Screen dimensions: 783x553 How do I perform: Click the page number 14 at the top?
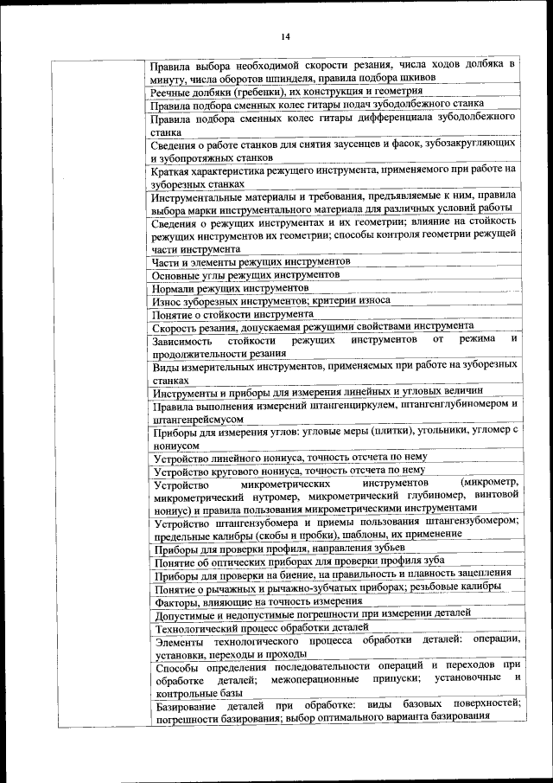coord(285,35)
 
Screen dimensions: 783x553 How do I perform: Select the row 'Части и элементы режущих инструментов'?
coord(251,260)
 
